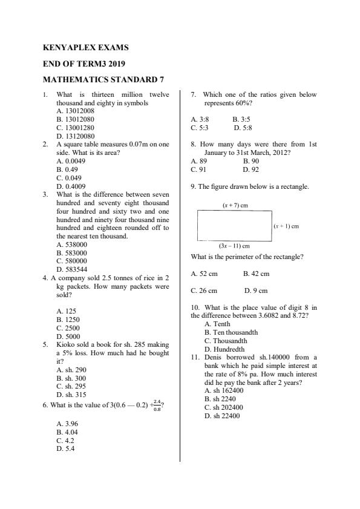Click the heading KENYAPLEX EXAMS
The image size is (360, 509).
tap(86, 47)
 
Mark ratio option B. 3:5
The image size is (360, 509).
tap(241, 120)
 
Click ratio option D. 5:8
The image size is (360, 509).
tap(243, 128)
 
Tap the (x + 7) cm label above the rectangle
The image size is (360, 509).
tap(235, 206)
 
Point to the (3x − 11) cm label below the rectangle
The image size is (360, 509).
tap(234, 246)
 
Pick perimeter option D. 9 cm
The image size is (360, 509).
tap(254, 291)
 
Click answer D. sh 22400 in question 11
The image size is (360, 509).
tap(224, 416)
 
